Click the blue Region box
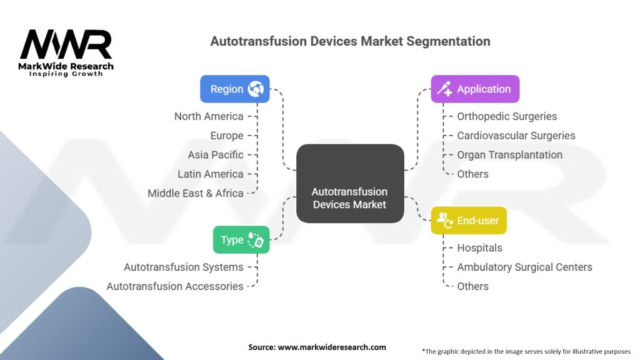click(235, 89)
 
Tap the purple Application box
click(475, 89)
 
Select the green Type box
click(241, 239)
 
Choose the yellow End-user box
click(469, 221)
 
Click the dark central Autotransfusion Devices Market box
click(350, 183)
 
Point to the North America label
click(209, 116)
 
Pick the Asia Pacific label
click(216, 155)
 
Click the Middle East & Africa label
click(196, 193)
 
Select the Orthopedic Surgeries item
click(507, 116)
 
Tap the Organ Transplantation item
click(510, 155)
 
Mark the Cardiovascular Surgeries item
click(516, 136)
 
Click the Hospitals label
click(479, 247)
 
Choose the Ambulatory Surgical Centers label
click(524, 267)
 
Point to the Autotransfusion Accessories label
click(175, 286)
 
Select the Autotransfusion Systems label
click(184, 267)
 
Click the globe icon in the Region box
click(256, 89)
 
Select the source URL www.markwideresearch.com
click(332, 347)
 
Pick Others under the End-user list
click(472, 286)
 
